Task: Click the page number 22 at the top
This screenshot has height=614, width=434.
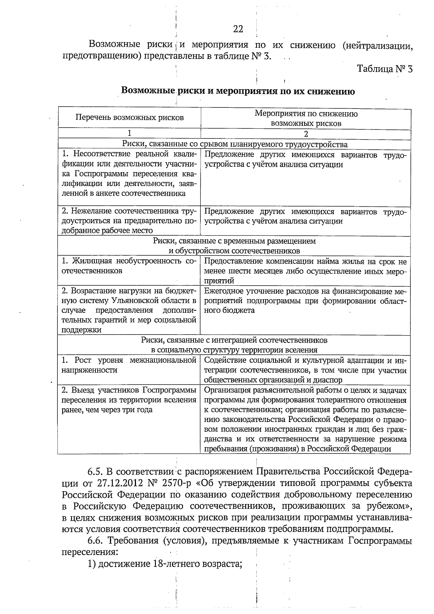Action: (x=238, y=29)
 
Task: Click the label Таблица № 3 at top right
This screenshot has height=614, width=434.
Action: (x=384, y=69)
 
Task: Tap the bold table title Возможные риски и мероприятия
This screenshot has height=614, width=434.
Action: (x=238, y=91)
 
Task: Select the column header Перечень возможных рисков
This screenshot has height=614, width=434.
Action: (x=129, y=118)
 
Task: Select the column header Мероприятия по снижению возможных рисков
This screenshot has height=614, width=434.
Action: (x=306, y=118)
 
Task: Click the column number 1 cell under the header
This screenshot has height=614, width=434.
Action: (x=129, y=133)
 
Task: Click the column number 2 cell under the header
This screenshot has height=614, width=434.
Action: (x=306, y=134)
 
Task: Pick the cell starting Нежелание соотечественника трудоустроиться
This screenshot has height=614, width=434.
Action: (x=129, y=221)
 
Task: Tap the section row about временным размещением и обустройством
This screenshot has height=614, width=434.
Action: (x=234, y=246)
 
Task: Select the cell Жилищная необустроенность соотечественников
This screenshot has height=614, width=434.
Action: (x=129, y=266)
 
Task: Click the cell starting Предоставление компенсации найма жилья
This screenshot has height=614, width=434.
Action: (x=305, y=271)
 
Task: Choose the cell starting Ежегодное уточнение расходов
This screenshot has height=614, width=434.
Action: (x=305, y=300)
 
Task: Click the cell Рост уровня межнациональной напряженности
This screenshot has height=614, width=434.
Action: (x=129, y=365)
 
